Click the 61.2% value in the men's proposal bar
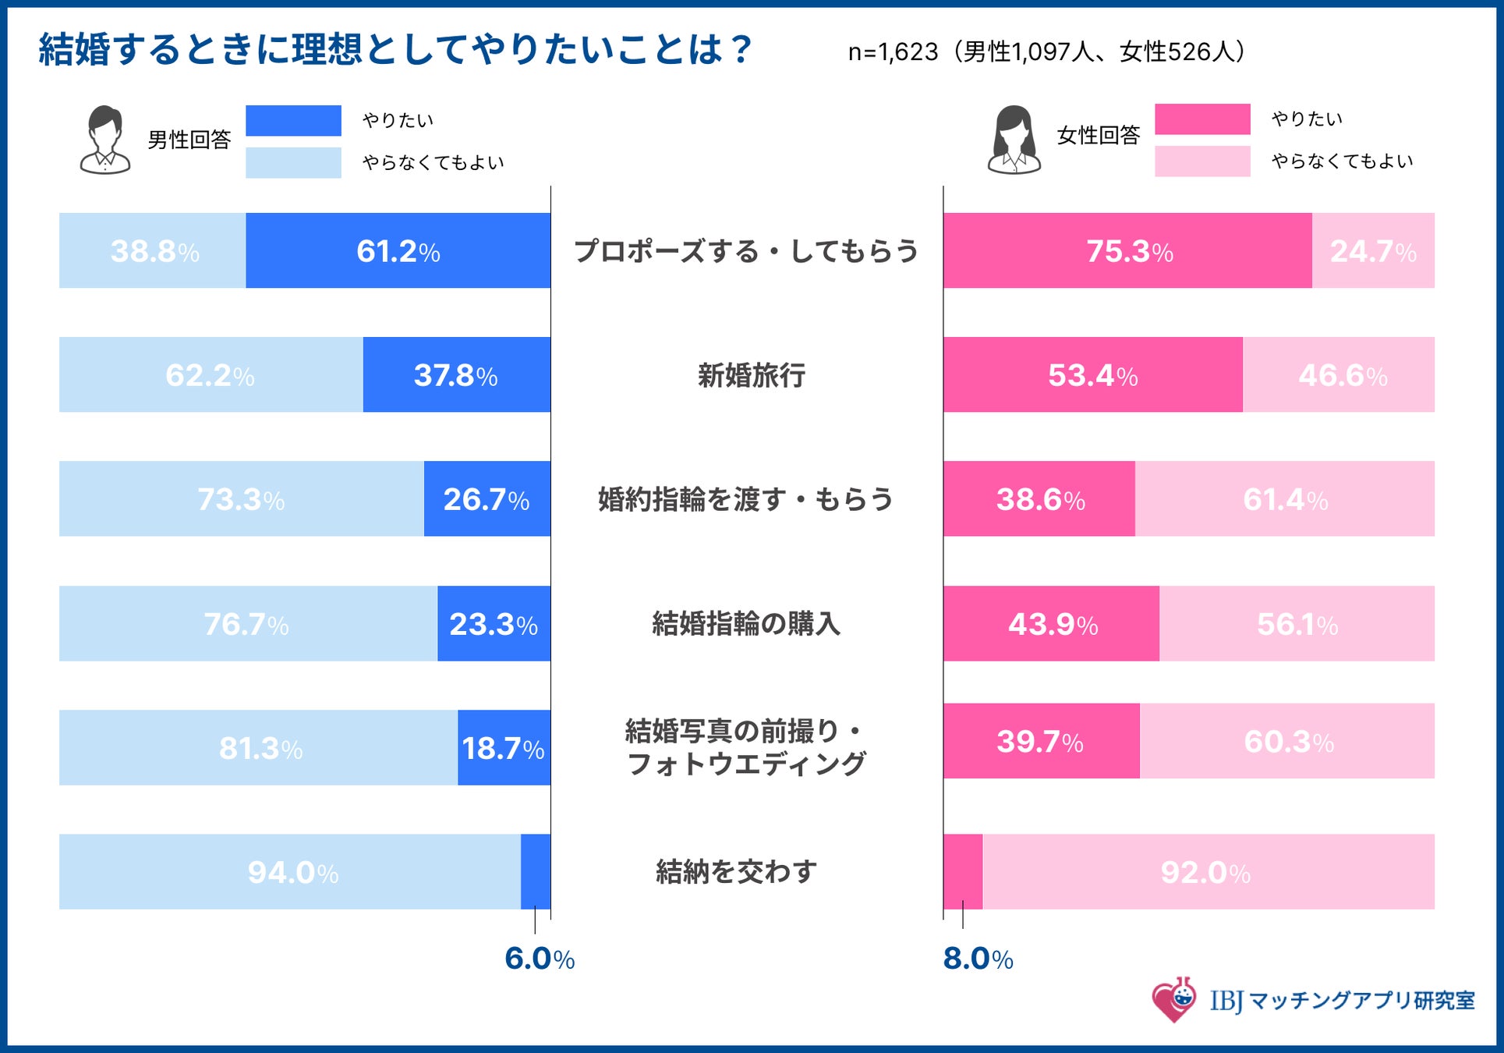(398, 251)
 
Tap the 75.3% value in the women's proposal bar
(1129, 251)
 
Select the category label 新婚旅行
(751, 375)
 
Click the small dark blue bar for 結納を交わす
(536, 871)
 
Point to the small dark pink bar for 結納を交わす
(963, 871)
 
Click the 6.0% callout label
(540, 959)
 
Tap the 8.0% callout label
(978, 959)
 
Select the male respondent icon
(105, 140)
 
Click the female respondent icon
(1014, 140)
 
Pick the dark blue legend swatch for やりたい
(293, 121)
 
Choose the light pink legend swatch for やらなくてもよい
(1202, 161)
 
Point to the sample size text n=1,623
(893, 52)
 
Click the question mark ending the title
(741, 50)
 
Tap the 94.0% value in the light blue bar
(292, 872)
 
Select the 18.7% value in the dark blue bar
(503, 748)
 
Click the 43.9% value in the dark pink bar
(1053, 624)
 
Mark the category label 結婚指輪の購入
(746, 624)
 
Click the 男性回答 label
(189, 140)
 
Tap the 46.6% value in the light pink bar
(1343, 375)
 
